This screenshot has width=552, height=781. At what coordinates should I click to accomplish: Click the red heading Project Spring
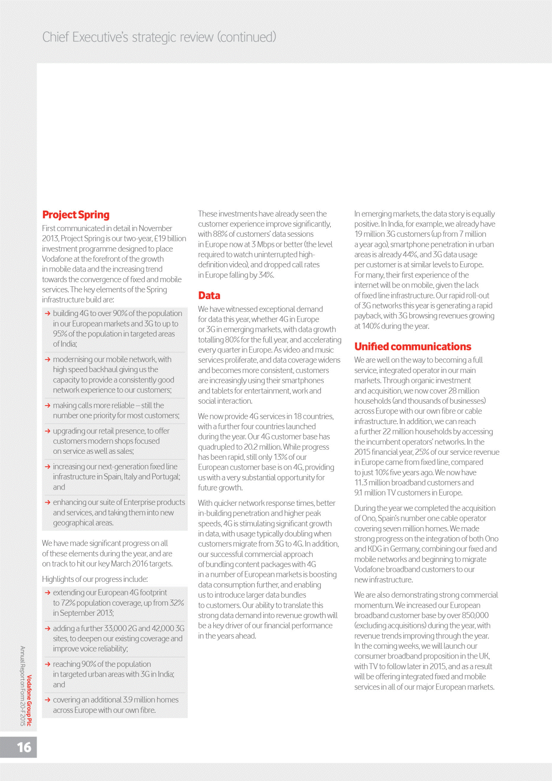[76, 214]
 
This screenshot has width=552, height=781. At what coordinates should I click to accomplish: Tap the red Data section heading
[209, 296]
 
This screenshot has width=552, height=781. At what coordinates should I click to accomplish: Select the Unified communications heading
[412, 347]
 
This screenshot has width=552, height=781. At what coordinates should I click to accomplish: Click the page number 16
[24, 747]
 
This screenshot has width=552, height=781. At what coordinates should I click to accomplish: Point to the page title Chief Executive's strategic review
[159, 37]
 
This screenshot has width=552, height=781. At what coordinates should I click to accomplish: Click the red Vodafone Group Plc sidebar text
[29, 700]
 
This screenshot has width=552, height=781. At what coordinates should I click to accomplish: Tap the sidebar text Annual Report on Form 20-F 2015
[22, 686]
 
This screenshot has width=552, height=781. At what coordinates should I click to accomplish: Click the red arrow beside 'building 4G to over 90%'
[47, 314]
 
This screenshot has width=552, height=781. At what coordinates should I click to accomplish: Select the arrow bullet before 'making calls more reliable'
[47, 406]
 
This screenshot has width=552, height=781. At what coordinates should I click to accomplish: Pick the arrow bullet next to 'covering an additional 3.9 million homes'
[47, 700]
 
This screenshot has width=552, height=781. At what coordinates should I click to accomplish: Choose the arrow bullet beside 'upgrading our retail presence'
[47, 431]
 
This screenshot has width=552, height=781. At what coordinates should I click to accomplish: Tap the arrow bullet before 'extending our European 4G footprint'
[47, 593]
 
